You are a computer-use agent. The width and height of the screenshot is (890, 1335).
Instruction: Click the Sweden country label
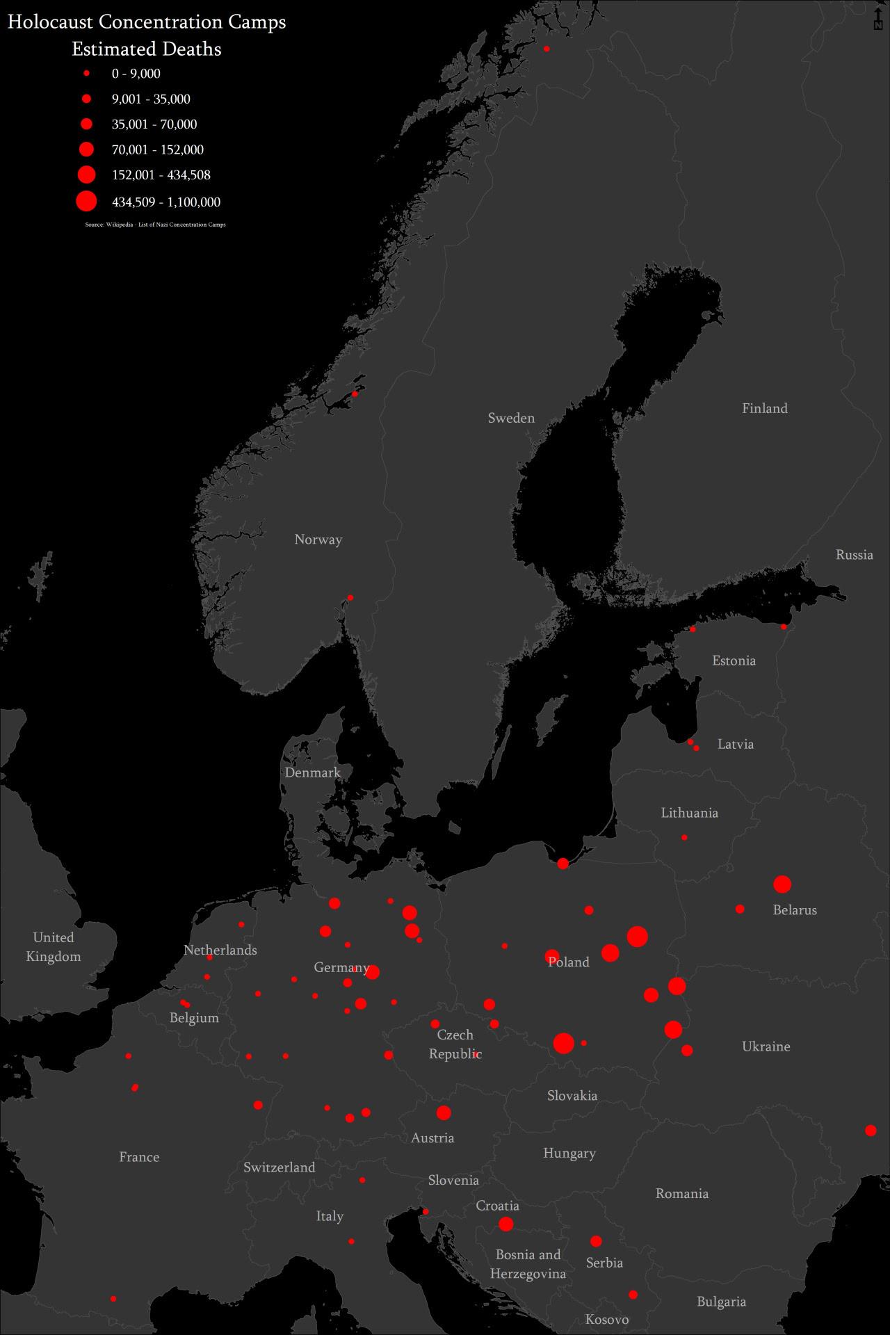[511, 418]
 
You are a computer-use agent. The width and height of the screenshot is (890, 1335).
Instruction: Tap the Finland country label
[764, 408]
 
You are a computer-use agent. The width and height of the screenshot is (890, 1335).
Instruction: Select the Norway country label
[318, 540]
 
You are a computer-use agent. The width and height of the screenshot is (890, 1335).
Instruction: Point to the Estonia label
[734, 661]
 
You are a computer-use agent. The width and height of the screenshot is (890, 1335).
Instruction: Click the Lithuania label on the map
[689, 813]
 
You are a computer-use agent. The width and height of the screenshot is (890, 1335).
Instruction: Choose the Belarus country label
[795, 910]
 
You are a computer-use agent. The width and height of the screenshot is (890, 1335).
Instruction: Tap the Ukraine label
[766, 1046]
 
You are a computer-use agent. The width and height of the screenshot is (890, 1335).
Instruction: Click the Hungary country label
[569, 1154]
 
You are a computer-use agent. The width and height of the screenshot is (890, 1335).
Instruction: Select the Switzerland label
[279, 1167]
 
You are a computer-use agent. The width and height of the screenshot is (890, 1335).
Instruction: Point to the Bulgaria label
[721, 1302]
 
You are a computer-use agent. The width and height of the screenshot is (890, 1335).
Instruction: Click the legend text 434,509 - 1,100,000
[166, 202]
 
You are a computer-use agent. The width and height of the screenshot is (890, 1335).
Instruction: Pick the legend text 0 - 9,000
[136, 74]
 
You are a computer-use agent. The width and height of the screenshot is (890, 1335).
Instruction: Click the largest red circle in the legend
[86, 202]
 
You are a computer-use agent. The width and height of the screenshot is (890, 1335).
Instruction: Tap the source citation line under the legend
[155, 225]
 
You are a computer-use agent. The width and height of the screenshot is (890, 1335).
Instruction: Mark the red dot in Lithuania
[684, 837]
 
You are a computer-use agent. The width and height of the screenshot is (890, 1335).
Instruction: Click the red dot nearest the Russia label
[784, 626]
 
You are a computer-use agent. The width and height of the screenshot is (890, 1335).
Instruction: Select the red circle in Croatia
[506, 1224]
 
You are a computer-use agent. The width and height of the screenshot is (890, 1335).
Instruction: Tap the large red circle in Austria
[444, 1113]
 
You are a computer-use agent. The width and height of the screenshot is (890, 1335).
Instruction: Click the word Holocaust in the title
[50, 22]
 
